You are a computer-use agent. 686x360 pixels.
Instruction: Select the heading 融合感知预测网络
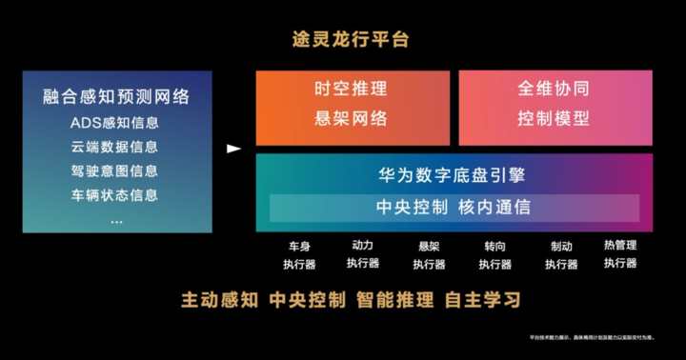click(x=116, y=96)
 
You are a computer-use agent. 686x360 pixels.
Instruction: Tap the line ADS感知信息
click(x=115, y=123)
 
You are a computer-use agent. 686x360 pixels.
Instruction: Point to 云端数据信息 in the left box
click(x=115, y=147)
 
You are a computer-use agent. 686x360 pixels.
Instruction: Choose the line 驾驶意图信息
click(x=115, y=170)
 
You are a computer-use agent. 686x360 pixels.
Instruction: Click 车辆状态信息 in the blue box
click(x=115, y=194)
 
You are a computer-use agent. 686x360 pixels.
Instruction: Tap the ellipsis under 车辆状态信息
click(x=116, y=219)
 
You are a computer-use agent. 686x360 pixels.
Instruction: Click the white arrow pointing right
click(x=233, y=149)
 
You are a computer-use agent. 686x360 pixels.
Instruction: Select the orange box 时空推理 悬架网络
click(x=352, y=106)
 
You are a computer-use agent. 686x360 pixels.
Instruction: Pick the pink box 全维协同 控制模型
click(x=555, y=106)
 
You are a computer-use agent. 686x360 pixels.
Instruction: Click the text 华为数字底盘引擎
click(x=454, y=175)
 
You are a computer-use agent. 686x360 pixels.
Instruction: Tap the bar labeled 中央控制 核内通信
click(x=454, y=206)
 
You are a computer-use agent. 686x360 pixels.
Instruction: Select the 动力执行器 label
click(x=363, y=254)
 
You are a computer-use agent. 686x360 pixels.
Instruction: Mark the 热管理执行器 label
click(x=620, y=253)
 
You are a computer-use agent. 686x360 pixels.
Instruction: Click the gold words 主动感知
click(x=219, y=300)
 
